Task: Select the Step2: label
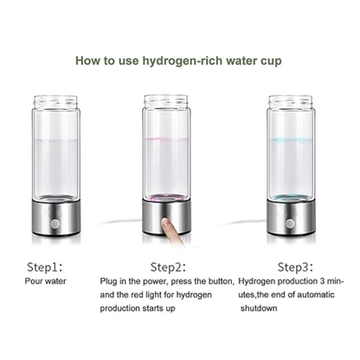pyautogui.click(x=169, y=267)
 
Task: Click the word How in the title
pyautogui.click(x=88, y=61)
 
